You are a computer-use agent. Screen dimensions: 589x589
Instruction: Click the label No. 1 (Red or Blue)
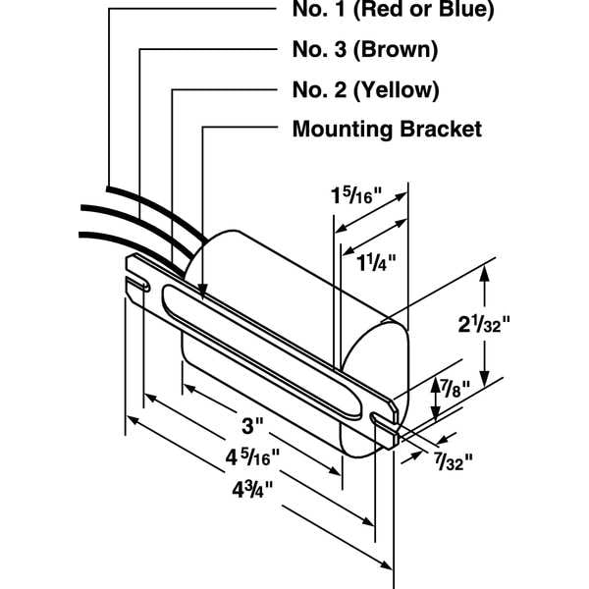click(393, 12)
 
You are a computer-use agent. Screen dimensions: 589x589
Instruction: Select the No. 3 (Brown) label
click(365, 49)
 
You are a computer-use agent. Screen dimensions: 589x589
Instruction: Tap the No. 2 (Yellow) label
click(365, 89)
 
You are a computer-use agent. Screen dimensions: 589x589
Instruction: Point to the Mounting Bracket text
click(387, 129)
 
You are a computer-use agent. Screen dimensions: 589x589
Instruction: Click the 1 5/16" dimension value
click(357, 195)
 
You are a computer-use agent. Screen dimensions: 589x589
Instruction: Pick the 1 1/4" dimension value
click(368, 263)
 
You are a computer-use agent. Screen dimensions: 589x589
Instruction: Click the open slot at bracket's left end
click(137, 286)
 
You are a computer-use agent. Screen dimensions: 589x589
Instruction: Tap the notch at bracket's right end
click(383, 419)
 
